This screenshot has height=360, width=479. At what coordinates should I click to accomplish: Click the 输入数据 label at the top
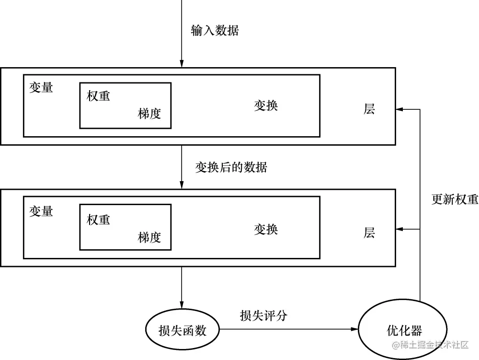pos(215,31)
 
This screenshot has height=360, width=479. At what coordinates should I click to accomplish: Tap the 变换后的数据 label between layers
pos(231,167)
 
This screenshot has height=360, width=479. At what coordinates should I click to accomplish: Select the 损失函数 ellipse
pos(182,330)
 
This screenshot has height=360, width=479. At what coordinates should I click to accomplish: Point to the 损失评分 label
pos(263,315)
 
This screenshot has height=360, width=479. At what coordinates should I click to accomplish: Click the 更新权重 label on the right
pos(455,199)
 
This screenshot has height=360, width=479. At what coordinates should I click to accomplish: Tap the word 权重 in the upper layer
pos(99,96)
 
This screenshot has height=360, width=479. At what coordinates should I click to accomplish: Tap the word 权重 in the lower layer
pos(99,220)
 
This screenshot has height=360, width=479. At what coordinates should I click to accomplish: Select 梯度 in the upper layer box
pos(149,114)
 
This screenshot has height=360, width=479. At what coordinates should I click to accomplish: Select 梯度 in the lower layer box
pos(149,237)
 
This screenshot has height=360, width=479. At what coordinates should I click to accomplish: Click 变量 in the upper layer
pos(41,88)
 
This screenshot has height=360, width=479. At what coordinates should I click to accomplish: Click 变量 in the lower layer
pos(41,211)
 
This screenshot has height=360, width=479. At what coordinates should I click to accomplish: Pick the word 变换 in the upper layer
pos(266,105)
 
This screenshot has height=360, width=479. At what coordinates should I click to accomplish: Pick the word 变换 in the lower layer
pos(266,229)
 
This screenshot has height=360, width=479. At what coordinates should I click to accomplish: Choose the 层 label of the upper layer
pos(369,109)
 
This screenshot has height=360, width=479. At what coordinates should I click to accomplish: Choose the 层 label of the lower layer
pos(369,233)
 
